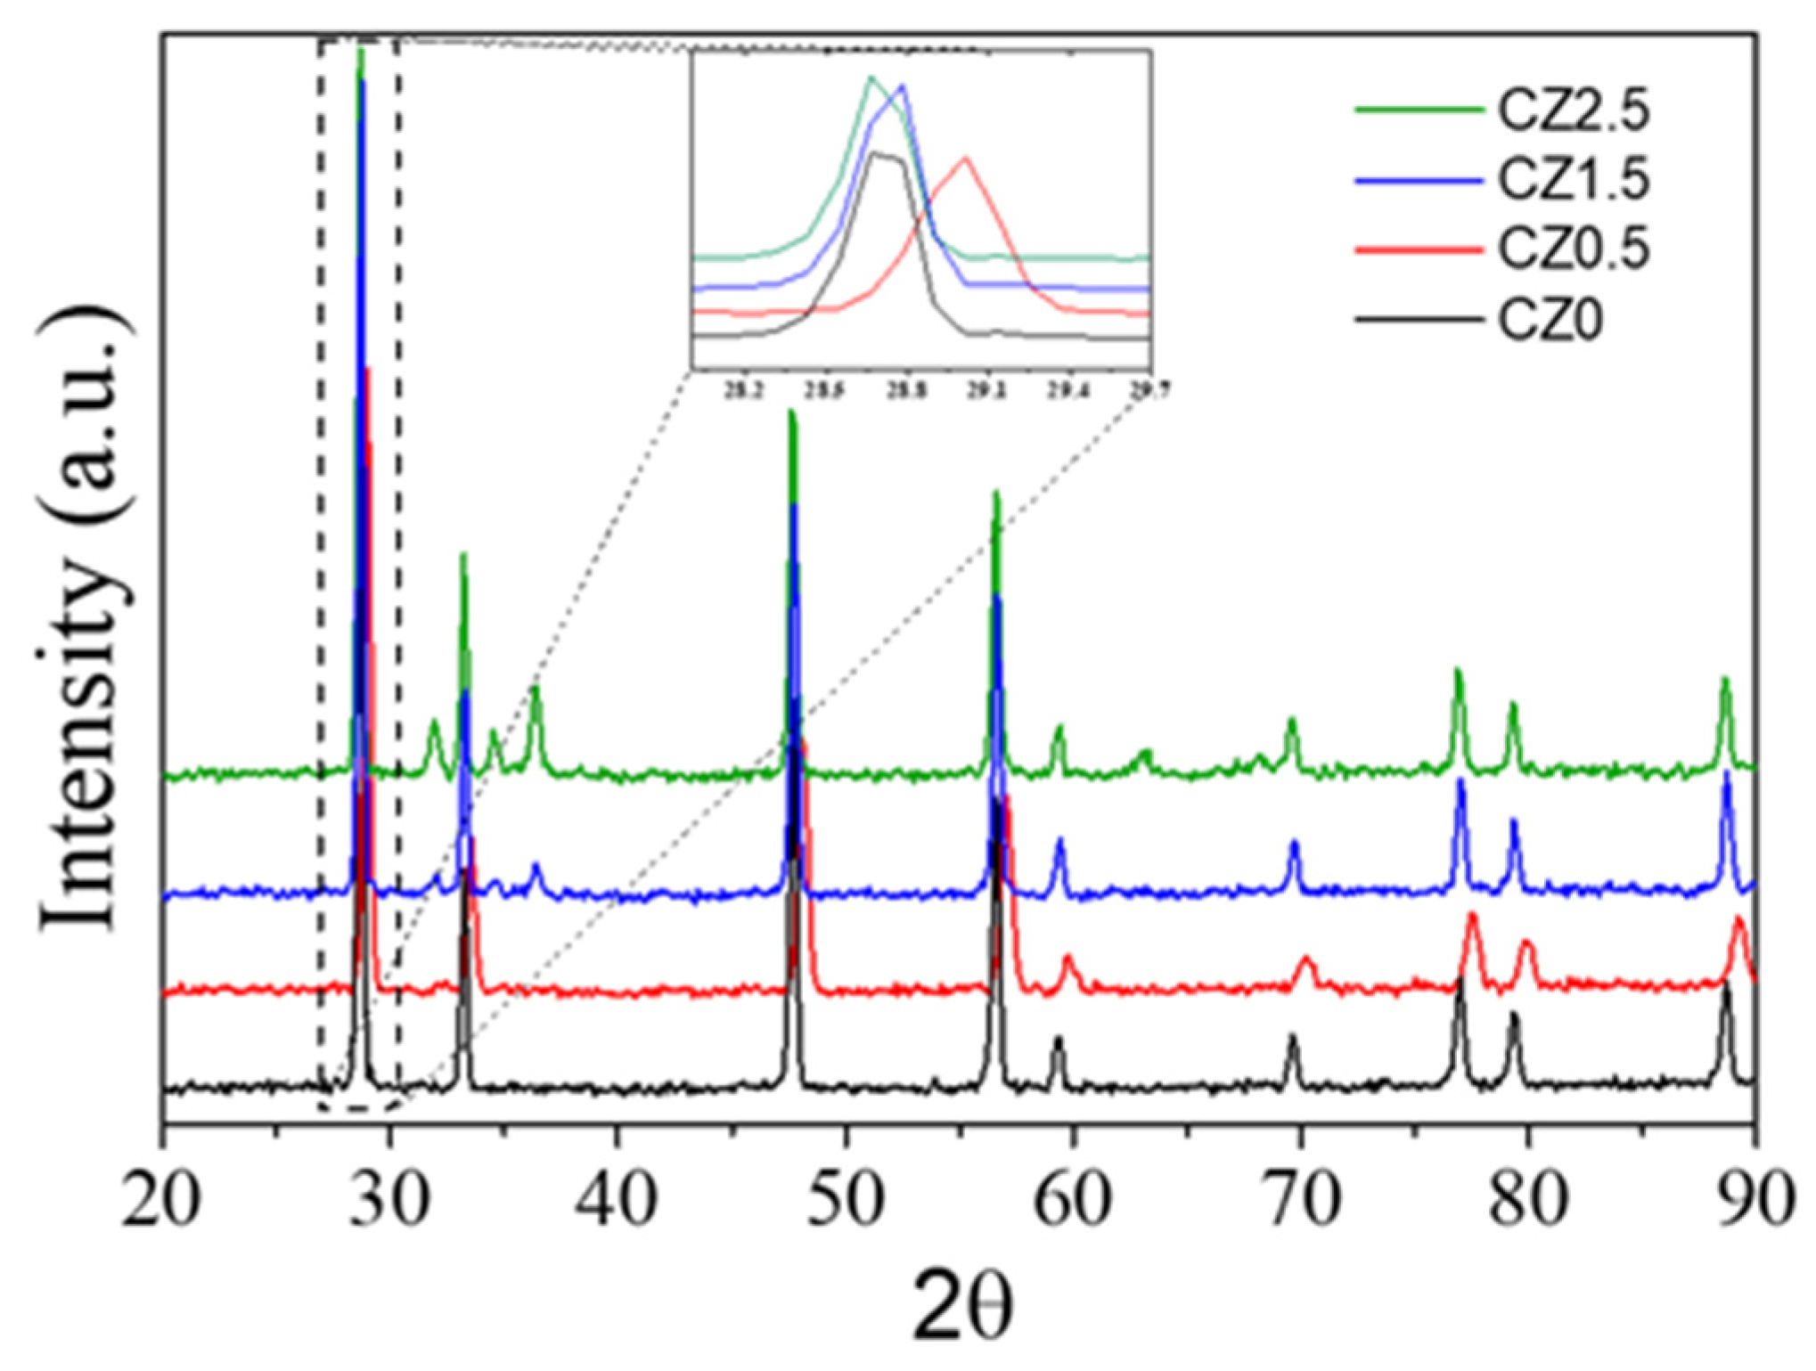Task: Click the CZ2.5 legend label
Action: tap(1573, 111)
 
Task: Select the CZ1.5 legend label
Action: tap(1573, 180)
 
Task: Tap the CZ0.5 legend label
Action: tap(1573, 249)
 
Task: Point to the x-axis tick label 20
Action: tap(162, 1199)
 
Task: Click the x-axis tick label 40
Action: tap(617, 1199)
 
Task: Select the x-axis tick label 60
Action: tap(1072, 1199)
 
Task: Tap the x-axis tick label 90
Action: tap(1754, 1199)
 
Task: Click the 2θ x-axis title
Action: tap(962, 1306)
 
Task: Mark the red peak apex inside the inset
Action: tap(964, 159)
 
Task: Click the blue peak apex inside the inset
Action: tap(903, 86)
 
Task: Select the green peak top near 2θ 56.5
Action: tap(996, 494)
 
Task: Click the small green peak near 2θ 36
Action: tap(535, 689)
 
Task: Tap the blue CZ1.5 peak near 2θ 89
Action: tap(1727, 773)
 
